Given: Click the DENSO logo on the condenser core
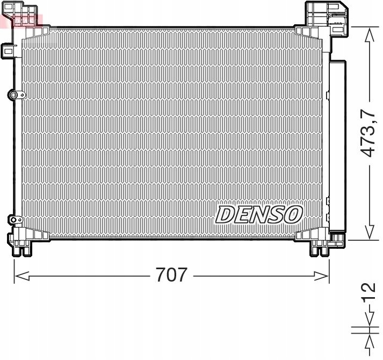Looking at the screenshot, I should [259, 214].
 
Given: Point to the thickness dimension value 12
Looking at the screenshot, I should [368, 295].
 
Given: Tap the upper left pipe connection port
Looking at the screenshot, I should [15, 95].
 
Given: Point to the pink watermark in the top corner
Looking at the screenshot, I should [21, 20].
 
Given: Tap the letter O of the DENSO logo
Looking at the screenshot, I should [293, 214].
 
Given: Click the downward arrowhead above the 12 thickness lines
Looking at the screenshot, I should [368, 321].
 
